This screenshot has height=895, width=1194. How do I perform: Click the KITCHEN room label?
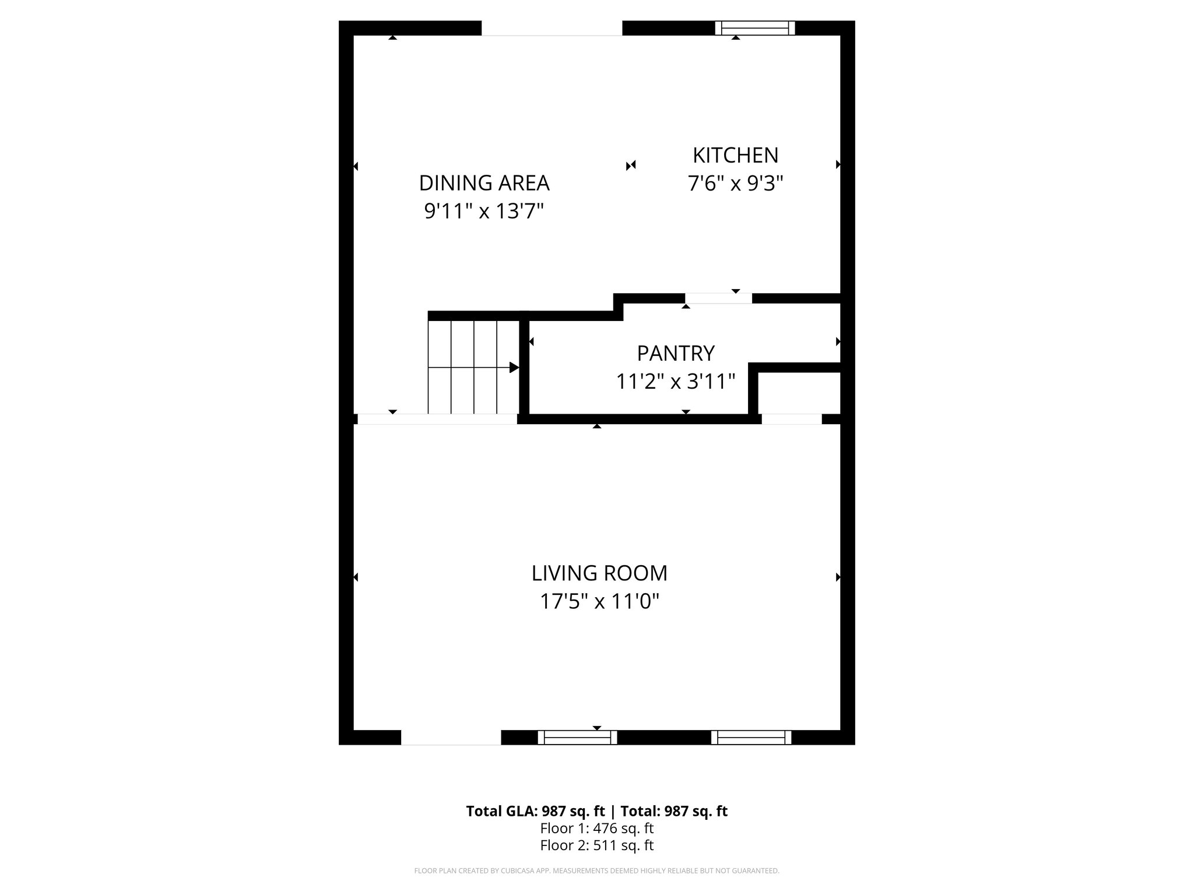pos(735,156)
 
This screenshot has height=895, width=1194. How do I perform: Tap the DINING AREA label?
pos(484,183)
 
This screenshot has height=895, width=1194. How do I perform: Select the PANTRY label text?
pos(675,353)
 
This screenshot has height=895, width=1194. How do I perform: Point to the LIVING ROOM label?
pos(599,573)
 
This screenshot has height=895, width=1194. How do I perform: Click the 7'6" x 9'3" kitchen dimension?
pos(735,184)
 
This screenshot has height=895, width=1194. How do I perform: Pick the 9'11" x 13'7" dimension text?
pos(484,211)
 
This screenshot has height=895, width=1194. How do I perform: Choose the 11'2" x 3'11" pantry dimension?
pos(675,382)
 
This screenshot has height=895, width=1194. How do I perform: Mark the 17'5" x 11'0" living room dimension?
pos(599,601)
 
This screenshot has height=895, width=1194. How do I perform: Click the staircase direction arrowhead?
pos(514,368)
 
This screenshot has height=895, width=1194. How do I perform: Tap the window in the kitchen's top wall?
pos(755,28)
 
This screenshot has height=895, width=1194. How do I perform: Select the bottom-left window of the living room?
pos(577,738)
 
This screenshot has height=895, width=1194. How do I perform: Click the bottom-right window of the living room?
pos(751,738)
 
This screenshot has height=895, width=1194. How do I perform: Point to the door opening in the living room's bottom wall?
pos(451,738)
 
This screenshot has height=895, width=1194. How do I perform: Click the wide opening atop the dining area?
pos(552,28)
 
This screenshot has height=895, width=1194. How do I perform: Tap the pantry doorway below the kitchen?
pos(718,298)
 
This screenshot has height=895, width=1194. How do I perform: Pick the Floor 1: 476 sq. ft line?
pos(596,828)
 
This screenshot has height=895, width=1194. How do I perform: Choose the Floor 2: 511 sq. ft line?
pos(596,845)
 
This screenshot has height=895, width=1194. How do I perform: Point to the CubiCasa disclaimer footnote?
pos(596,871)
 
